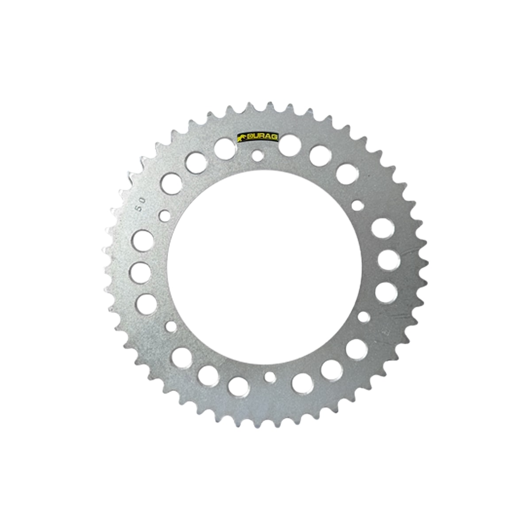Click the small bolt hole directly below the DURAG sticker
258,155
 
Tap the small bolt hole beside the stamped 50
165,215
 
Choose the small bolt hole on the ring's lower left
171,327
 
